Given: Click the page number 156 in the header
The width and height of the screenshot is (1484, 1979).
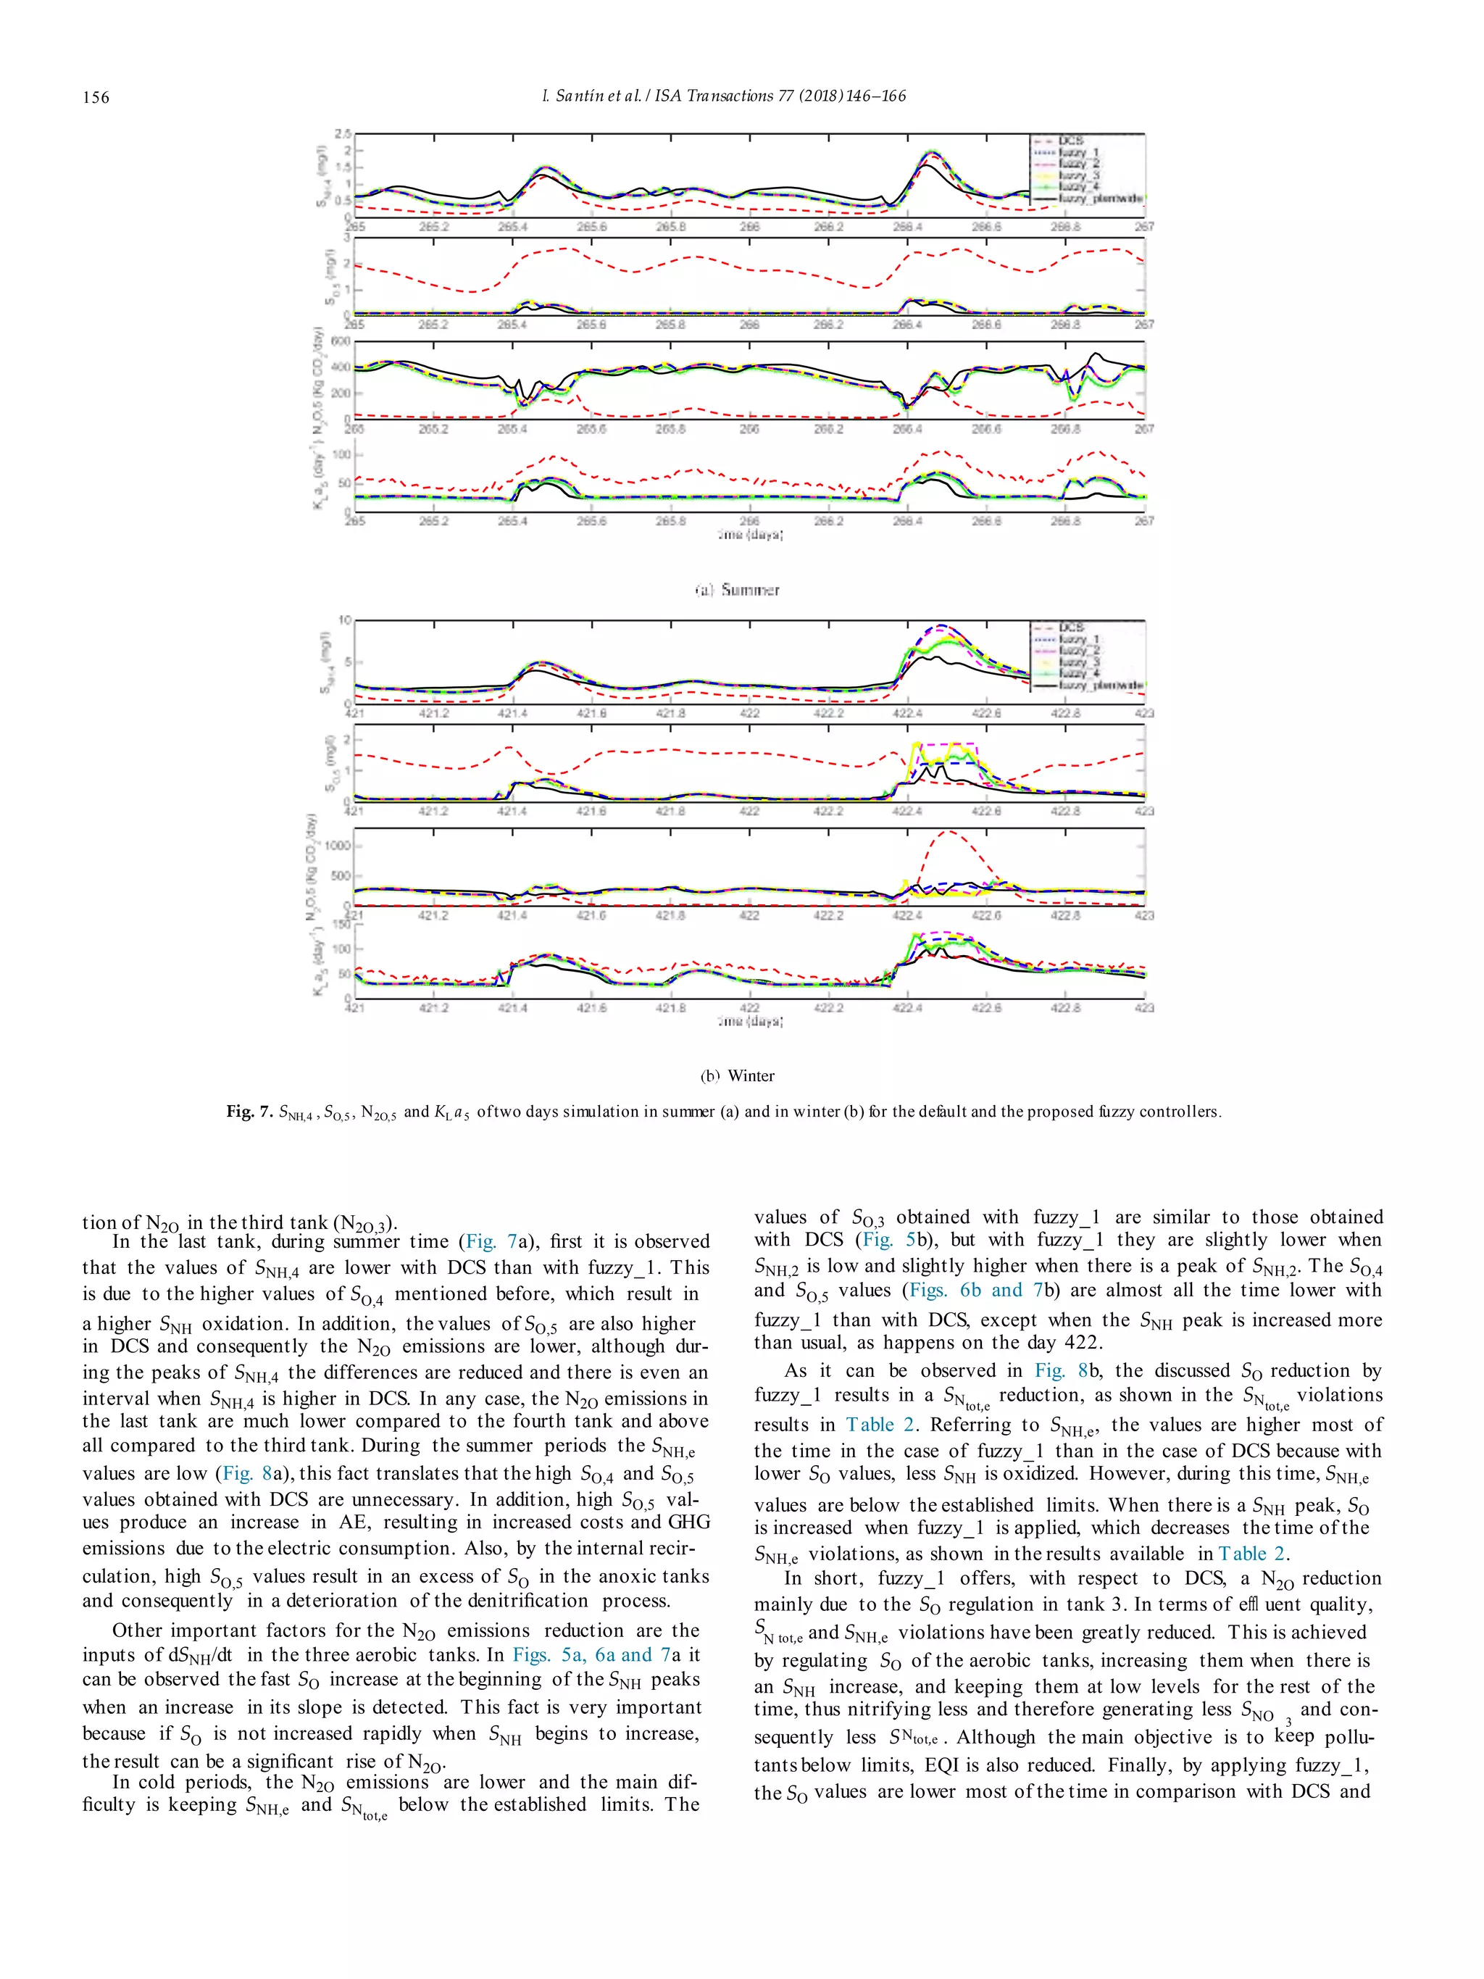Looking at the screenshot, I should tap(96, 96).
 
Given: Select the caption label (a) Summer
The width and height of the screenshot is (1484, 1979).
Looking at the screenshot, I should tap(737, 590).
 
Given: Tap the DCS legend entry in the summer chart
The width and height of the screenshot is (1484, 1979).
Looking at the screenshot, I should tap(1070, 141).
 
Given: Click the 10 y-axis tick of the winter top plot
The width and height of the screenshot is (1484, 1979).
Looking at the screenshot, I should tap(344, 620).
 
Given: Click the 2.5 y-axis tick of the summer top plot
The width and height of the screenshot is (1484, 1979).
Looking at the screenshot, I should tap(343, 133).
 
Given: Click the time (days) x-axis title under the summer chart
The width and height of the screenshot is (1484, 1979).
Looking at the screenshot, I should tap(749, 535).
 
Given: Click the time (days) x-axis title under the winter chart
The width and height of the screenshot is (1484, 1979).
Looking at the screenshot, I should tap(749, 1021).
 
